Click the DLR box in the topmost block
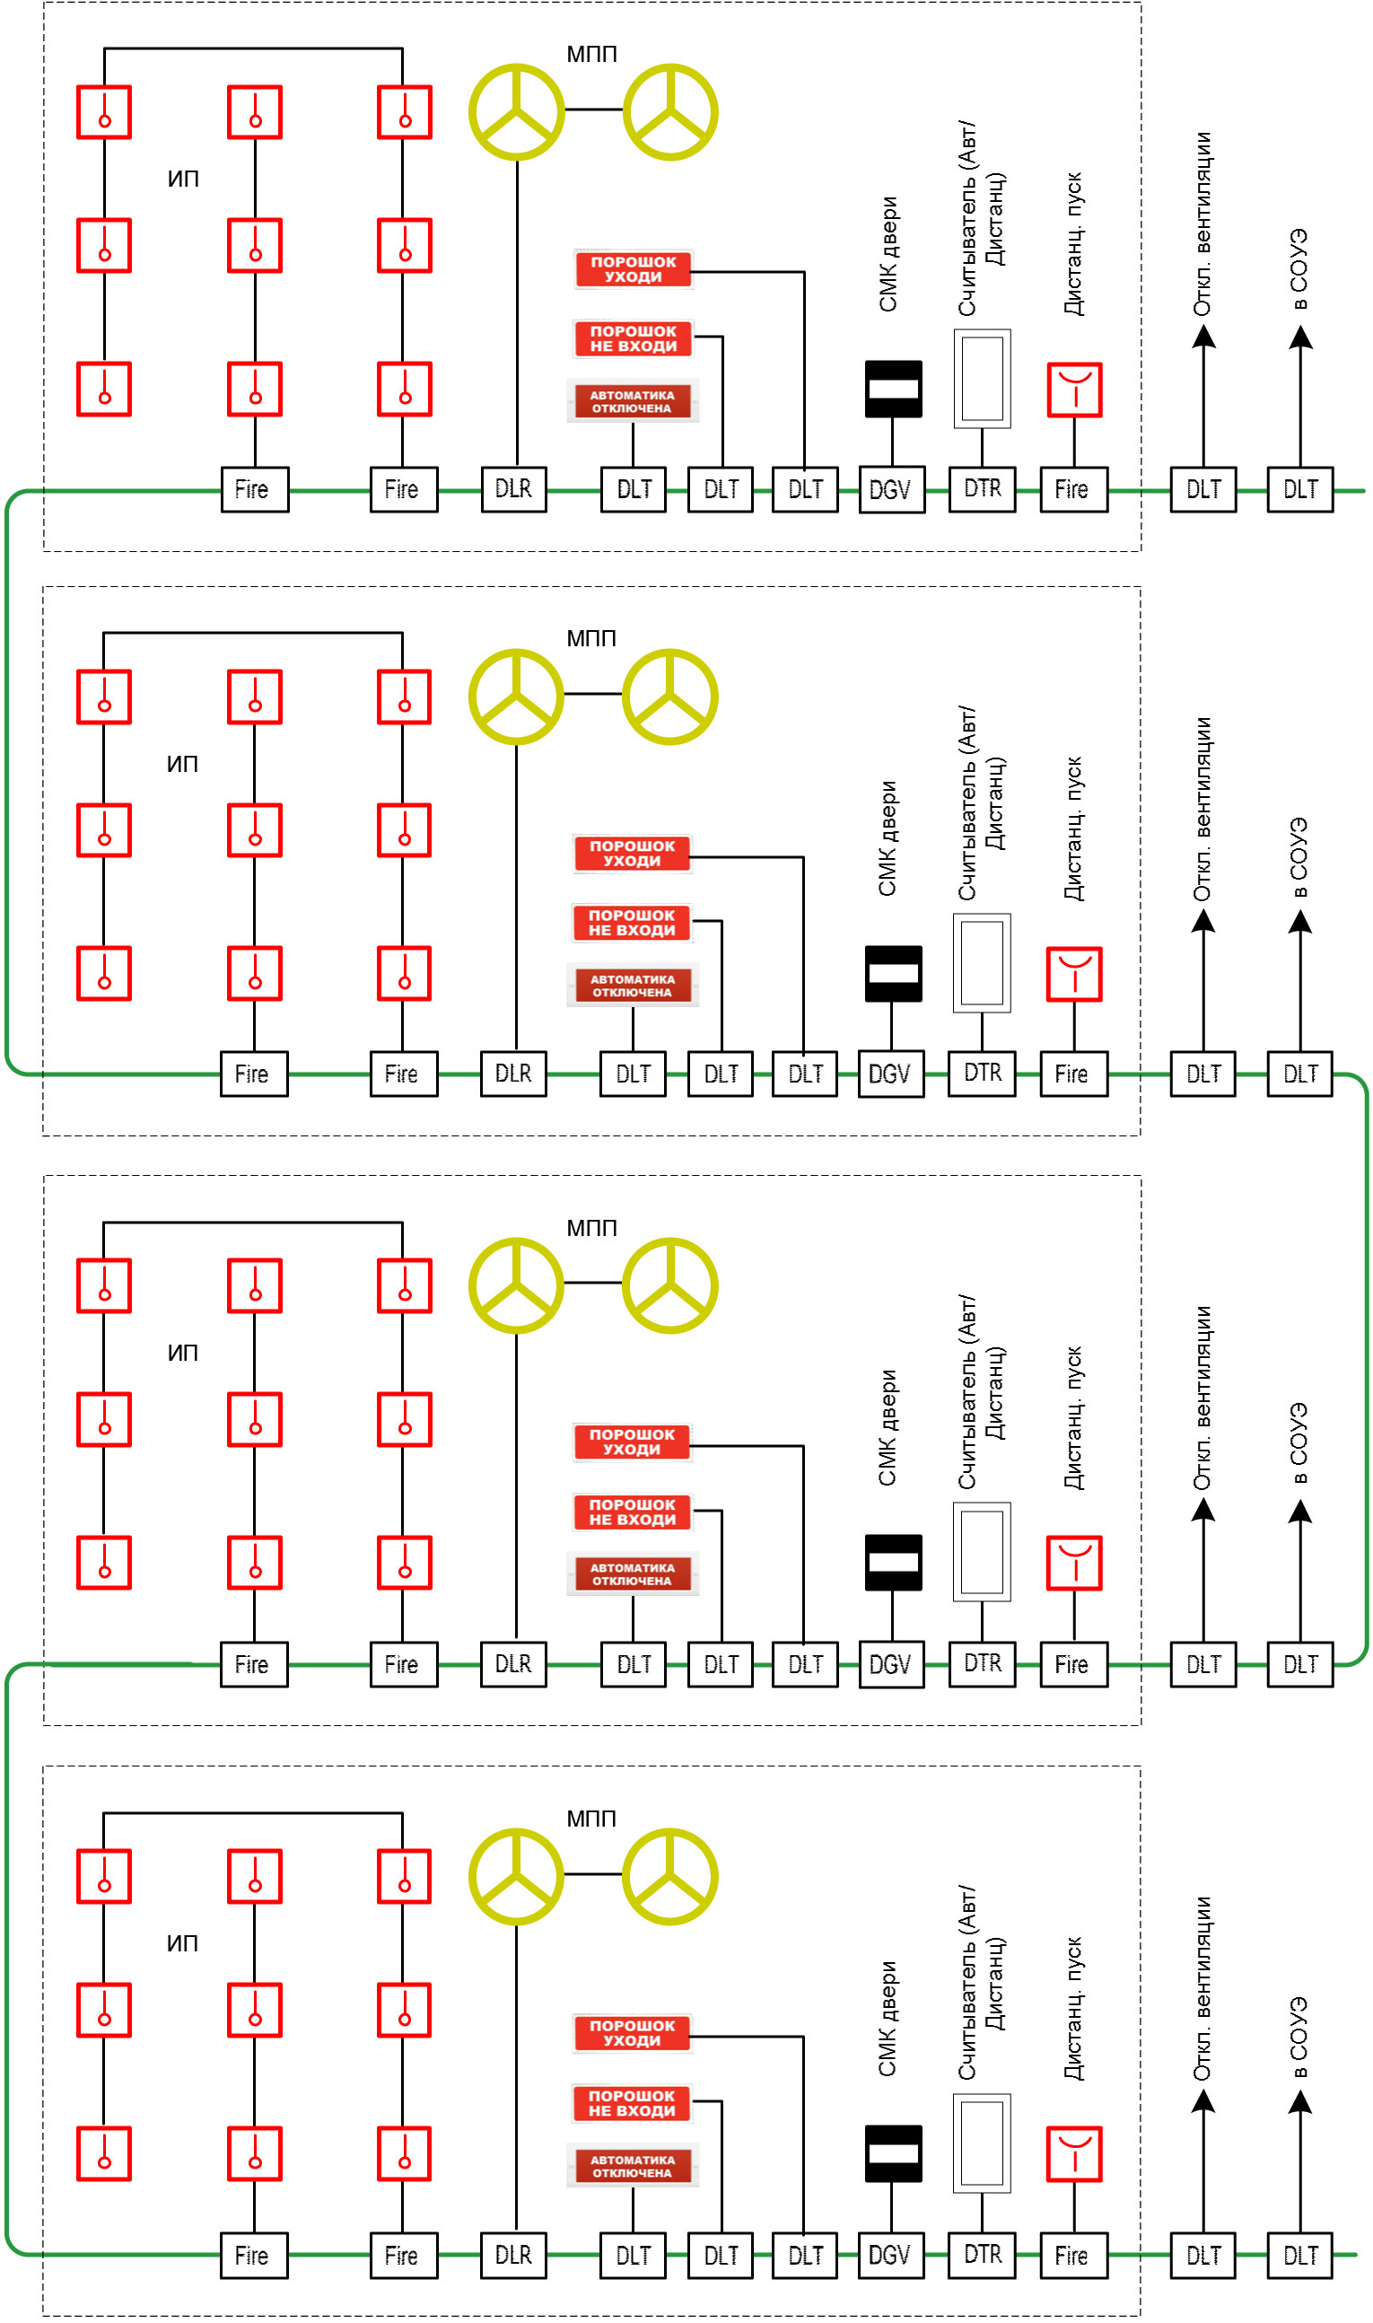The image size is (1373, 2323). pyautogui.click(x=513, y=489)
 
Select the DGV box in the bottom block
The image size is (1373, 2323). pyautogui.click(x=891, y=2256)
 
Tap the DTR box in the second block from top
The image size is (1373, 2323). pyautogui.click(x=982, y=1074)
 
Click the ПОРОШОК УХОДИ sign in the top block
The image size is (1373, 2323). pyautogui.click(x=633, y=269)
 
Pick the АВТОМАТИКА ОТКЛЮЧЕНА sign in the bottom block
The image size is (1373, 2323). pyautogui.click(x=633, y=2166)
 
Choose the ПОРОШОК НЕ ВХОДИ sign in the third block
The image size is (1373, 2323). pyautogui.click(x=632, y=1512)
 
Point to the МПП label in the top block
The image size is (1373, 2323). pyautogui.click(x=592, y=54)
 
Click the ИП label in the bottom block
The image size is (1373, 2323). pyautogui.click(x=182, y=1942)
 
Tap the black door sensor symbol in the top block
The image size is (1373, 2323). pyautogui.click(x=893, y=389)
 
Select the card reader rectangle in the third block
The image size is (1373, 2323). pyautogui.click(x=982, y=1551)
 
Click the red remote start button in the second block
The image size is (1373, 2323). pyautogui.click(x=1074, y=974)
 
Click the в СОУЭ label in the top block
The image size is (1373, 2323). pyautogui.click(x=1299, y=269)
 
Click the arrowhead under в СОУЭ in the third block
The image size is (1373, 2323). pyautogui.click(x=1300, y=1511)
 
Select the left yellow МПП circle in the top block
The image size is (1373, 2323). pyautogui.click(x=516, y=112)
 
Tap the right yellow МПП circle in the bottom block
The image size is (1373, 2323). pyautogui.click(x=669, y=1876)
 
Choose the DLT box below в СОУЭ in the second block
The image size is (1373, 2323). pyautogui.click(x=1300, y=1074)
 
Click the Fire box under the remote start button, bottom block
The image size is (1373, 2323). pyautogui.click(x=1074, y=2256)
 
